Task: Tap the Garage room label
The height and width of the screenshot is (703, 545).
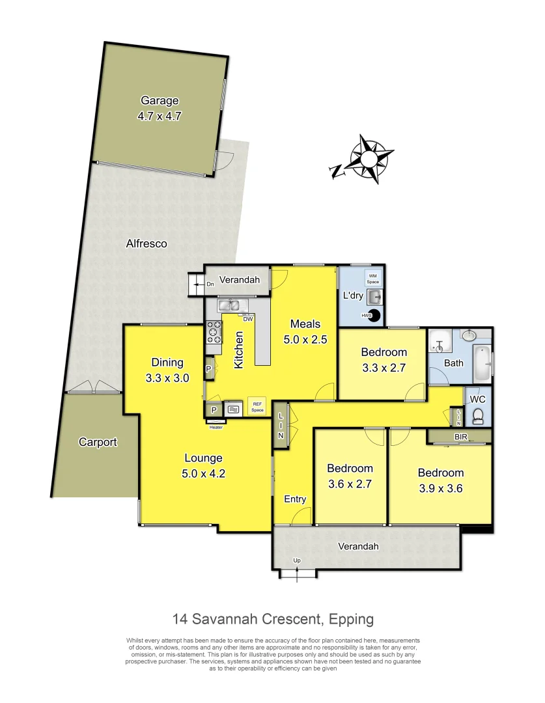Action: click(159, 101)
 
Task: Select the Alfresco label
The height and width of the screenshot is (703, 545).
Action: click(146, 243)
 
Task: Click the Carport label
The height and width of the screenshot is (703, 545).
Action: click(98, 442)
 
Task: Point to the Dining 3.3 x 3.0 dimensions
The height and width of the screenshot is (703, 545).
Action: click(167, 378)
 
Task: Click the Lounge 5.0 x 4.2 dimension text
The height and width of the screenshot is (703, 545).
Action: click(204, 473)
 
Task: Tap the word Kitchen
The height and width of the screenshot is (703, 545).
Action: click(239, 350)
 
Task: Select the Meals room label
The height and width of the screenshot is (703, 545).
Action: click(305, 324)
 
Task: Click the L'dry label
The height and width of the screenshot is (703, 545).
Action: click(353, 296)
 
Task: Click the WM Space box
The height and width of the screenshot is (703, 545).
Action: click(373, 279)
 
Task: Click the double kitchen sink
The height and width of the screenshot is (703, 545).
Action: click(229, 304)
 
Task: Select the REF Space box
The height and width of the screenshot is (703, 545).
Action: click(258, 408)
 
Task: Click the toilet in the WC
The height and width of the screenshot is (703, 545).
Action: click(478, 415)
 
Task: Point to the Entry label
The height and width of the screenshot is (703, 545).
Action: click(295, 499)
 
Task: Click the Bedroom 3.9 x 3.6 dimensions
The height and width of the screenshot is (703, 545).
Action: click(441, 488)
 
